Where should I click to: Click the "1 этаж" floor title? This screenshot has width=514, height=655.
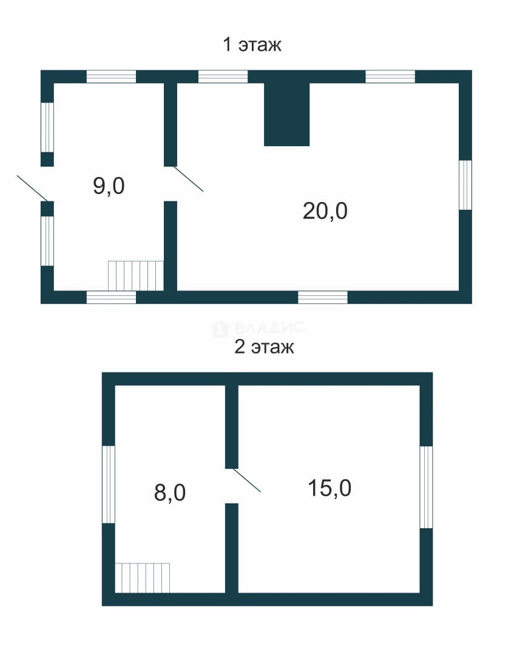pos(252,44)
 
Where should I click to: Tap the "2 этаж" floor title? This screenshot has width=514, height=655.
pos(264,347)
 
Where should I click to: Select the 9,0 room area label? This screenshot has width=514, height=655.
pos(109,186)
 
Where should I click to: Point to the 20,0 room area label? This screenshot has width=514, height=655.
pos(325,211)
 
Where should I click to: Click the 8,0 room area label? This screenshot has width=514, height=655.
pos(170,492)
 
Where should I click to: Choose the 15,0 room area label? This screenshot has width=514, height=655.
pos(330,488)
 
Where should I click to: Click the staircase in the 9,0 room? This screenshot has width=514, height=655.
pos(136,276)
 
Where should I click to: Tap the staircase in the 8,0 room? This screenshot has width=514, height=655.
pos(143,578)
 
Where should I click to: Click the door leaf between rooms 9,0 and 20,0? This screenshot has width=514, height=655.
pos(189,179)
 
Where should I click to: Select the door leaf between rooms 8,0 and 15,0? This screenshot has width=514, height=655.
pos(246,480)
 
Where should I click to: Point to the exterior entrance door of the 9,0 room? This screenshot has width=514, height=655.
pos(33,189)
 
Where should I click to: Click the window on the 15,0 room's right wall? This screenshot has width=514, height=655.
pos(426,487)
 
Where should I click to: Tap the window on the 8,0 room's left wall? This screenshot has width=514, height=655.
pos(109,484)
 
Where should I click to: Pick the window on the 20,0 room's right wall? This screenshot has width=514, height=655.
pos(465,184)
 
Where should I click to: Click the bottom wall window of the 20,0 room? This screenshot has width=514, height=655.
pos(323,297)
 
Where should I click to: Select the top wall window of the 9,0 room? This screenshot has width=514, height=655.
pos(111,76)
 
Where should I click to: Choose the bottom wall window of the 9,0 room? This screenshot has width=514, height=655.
pos(111,297)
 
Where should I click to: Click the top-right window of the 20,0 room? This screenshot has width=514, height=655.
pos(390,76)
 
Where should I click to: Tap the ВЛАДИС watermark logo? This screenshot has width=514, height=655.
pos(258,328)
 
